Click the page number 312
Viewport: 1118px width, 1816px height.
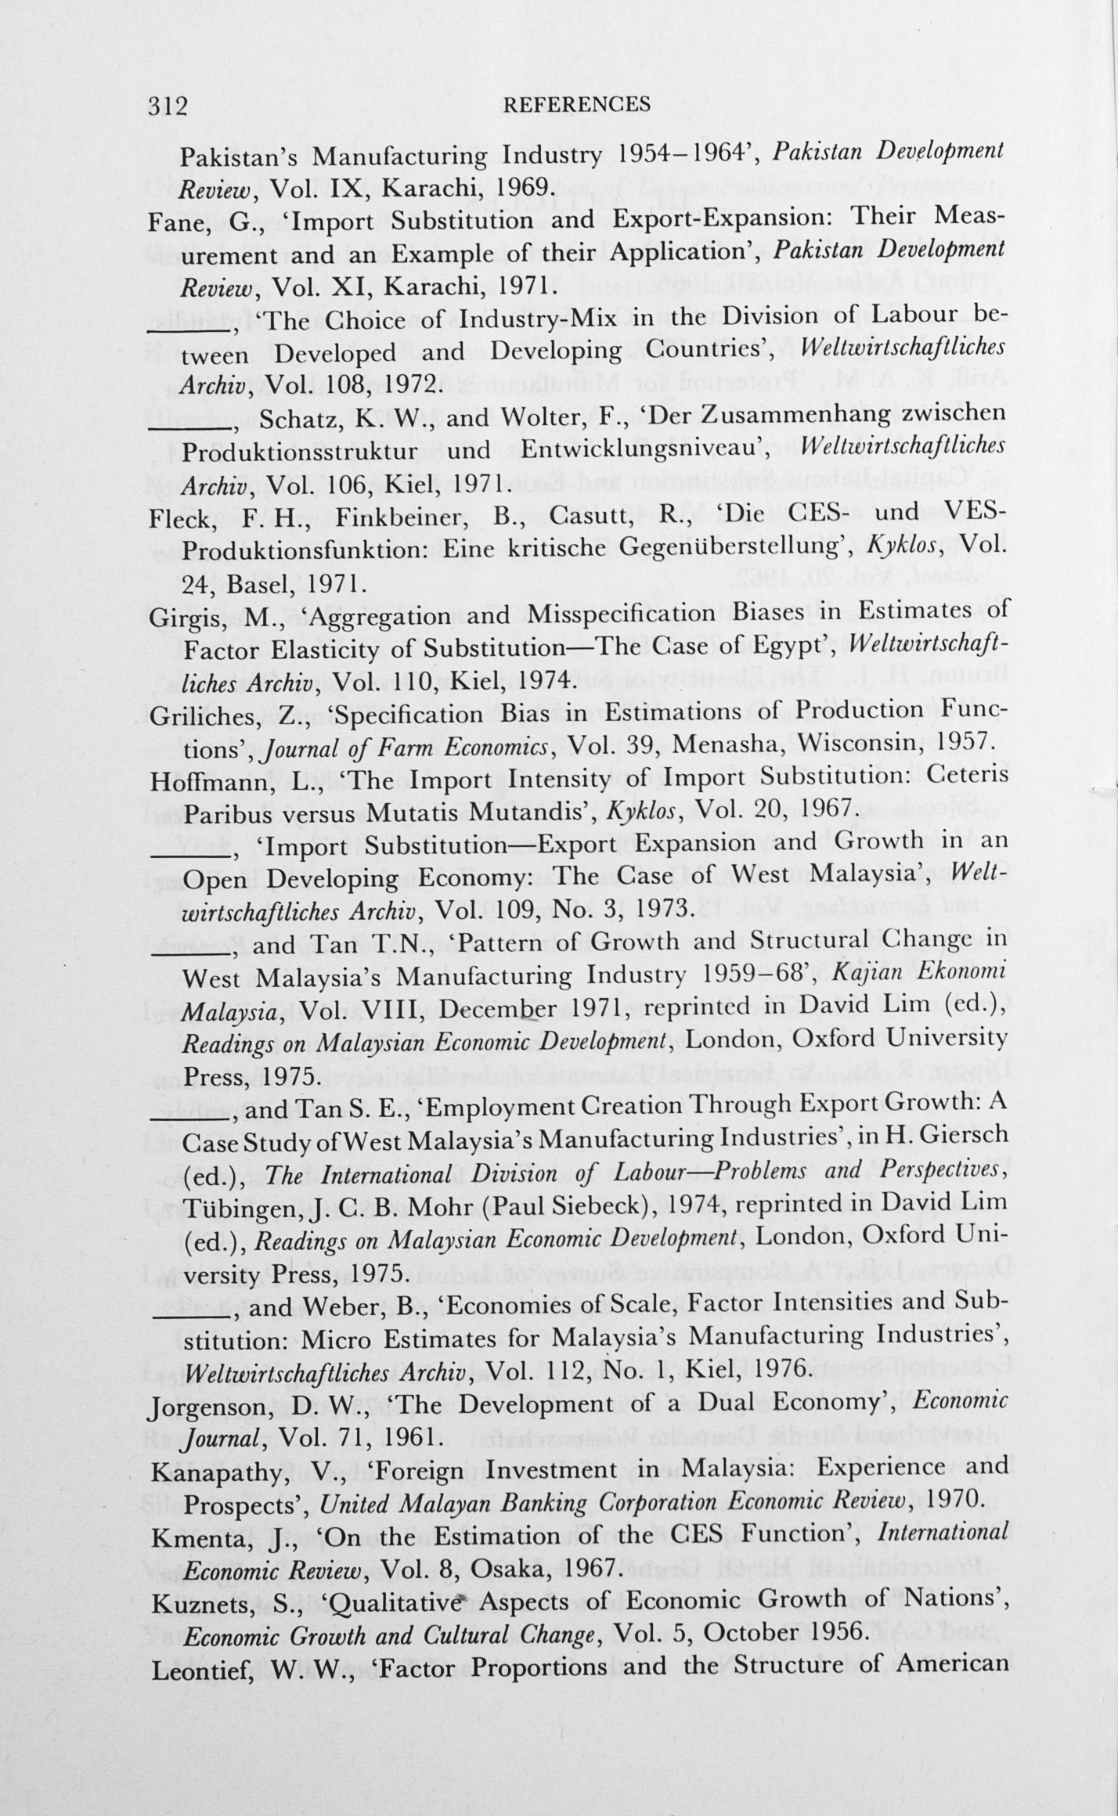[168, 106]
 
